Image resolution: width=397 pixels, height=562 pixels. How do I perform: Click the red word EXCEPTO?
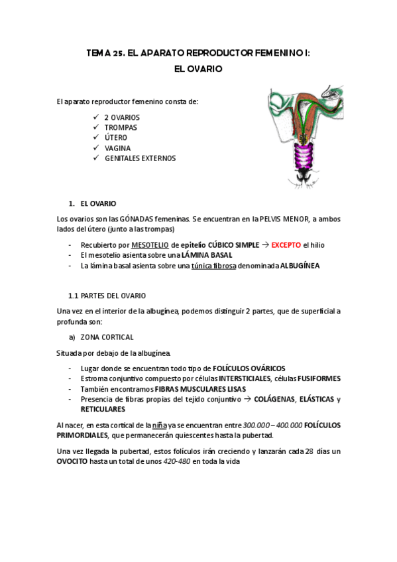[x=287, y=245]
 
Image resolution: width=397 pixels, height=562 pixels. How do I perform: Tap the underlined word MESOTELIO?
[x=150, y=245]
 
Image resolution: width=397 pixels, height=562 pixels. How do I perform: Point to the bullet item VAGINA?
[x=118, y=148]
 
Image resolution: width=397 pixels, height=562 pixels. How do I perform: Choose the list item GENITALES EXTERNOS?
[x=141, y=158]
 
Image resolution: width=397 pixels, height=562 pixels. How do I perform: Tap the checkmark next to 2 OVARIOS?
[x=97, y=117]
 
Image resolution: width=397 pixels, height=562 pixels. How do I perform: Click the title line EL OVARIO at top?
[x=198, y=68]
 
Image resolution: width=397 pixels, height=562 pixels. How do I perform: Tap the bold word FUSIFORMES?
[x=319, y=378]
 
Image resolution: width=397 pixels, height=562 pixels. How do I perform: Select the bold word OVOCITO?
[x=76, y=462]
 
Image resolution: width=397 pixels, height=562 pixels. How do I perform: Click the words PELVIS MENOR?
[x=268, y=219]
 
